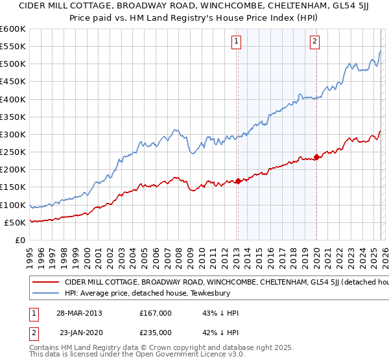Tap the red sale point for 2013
[x=238, y=181]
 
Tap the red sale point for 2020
[x=316, y=157]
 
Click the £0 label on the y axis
[x=20, y=240]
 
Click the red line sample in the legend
[x=46, y=283]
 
